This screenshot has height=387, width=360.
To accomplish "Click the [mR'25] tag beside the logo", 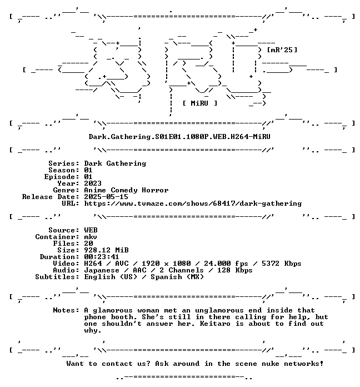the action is (x=282, y=50).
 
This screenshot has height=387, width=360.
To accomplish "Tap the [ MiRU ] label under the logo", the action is (x=200, y=103).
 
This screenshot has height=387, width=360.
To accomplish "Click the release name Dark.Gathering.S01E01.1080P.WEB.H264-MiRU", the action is (x=179, y=137).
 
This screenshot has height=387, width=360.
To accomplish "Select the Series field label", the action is (x=64, y=163).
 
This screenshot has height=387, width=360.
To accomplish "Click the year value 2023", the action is (x=93, y=183).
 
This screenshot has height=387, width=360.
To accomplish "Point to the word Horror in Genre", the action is (x=155, y=190).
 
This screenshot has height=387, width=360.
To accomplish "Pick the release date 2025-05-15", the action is (x=106, y=197).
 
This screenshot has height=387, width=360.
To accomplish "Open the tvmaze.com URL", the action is (x=193, y=204).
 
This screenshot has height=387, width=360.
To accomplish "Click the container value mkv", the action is (x=91, y=237).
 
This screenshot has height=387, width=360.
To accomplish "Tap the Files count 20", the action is (x=88, y=244).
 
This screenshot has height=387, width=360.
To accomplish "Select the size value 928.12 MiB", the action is (x=106, y=250).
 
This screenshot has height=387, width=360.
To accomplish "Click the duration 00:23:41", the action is (x=102, y=257).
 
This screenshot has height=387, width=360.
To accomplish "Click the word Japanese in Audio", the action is (x=102, y=270).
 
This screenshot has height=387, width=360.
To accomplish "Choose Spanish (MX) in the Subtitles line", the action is (x=177, y=277).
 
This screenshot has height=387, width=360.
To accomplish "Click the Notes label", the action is (x=66, y=310).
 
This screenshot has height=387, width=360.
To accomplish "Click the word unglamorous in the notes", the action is (x=219, y=310).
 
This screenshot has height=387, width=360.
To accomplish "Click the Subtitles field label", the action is (x=57, y=277).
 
